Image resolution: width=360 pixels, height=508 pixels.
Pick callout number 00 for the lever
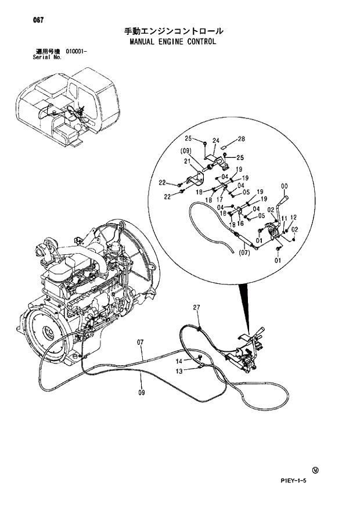(x=285, y=186)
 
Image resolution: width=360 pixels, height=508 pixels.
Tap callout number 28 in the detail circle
(x=241, y=139)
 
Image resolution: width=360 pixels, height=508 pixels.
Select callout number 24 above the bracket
(x=215, y=140)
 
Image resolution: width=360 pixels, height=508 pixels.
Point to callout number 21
(x=188, y=161)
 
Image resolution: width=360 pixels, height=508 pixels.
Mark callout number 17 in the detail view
(x=220, y=199)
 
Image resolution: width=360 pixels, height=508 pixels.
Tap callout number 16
(x=240, y=223)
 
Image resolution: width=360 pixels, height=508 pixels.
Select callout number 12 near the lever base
(x=293, y=217)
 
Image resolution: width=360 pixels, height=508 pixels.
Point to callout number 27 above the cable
(x=196, y=307)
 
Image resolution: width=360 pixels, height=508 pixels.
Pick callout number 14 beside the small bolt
(x=179, y=361)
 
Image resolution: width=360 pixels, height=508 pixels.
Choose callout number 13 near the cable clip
(x=179, y=370)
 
